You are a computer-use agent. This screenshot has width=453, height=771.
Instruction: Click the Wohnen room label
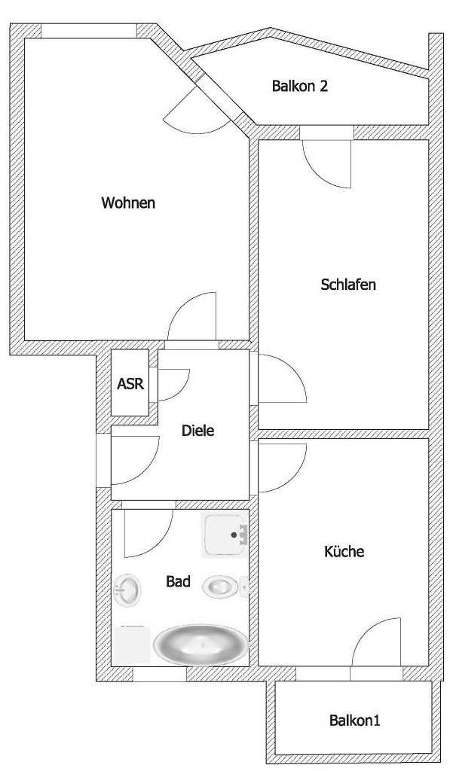point(128,203)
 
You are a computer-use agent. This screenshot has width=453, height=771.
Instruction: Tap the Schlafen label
point(348,285)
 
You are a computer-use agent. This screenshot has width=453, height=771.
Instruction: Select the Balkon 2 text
point(300,86)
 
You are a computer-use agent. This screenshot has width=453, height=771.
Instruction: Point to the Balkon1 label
point(354,721)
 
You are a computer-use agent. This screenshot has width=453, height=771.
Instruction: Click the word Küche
point(344,551)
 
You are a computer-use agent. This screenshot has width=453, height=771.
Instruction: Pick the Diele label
point(198,431)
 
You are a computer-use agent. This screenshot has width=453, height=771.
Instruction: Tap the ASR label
point(130,383)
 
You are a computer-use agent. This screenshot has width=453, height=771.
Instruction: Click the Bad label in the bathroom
point(178,582)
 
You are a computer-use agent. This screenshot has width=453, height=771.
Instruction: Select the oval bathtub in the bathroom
point(201,644)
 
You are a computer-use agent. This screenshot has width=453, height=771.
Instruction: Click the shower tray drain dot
point(234,535)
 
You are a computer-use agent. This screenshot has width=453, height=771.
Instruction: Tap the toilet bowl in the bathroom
point(222,587)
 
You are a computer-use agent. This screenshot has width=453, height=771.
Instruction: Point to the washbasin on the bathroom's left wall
point(127,588)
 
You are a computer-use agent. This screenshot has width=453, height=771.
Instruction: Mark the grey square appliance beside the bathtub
point(132,645)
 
